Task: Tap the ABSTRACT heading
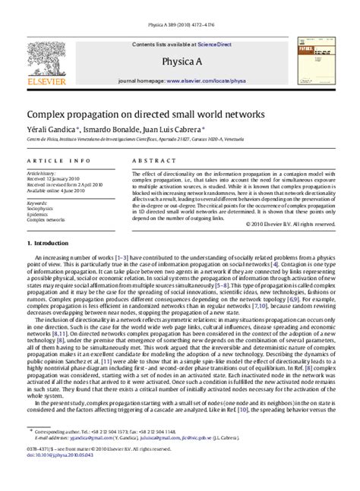pos(149,161)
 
